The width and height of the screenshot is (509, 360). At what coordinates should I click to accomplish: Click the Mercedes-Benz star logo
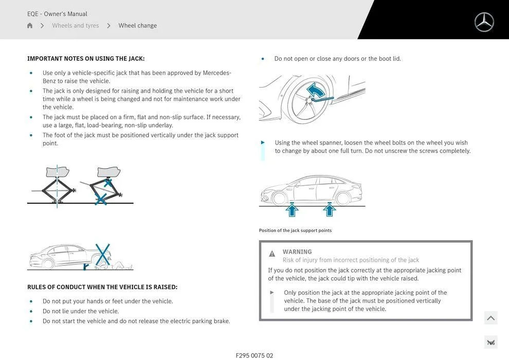click(x=484, y=22)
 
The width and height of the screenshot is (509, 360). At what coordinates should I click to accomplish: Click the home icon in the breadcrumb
click(x=30, y=26)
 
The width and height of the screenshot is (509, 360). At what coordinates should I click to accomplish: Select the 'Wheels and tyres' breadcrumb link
click(x=76, y=26)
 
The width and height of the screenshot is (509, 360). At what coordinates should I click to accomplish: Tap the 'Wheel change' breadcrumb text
click(x=138, y=26)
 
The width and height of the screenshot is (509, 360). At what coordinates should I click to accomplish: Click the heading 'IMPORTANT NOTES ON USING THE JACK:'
click(x=86, y=59)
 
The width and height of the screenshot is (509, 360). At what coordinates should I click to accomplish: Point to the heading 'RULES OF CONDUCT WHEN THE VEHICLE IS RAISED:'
click(x=102, y=287)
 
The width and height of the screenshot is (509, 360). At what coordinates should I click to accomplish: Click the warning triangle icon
click(x=272, y=254)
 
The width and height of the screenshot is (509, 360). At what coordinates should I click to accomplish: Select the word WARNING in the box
click(x=297, y=251)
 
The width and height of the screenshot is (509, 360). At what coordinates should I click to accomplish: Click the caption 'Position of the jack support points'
click(x=295, y=230)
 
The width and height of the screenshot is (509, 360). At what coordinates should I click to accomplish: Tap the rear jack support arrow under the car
click(x=330, y=209)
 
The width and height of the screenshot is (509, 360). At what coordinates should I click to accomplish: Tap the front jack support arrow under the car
click(x=292, y=209)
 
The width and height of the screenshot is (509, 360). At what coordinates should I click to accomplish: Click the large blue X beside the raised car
click(x=103, y=255)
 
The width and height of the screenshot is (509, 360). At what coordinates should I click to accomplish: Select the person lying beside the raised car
click(x=119, y=265)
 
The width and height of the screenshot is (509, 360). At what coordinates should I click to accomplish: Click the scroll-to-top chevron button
click(x=490, y=318)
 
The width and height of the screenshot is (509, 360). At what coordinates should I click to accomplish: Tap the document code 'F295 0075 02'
click(x=254, y=355)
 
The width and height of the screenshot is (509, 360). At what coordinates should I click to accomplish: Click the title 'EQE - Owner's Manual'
click(x=57, y=14)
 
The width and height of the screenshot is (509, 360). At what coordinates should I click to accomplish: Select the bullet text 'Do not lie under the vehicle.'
click(x=80, y=311)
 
